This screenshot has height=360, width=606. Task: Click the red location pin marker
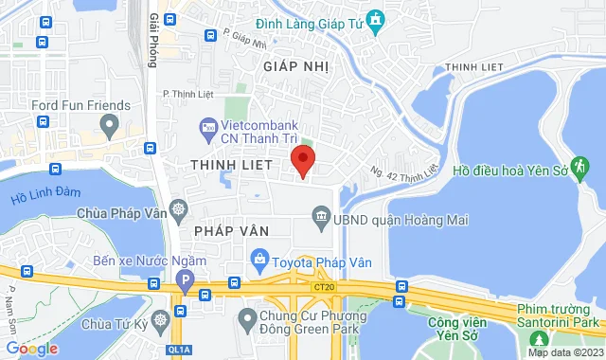pos(302,160)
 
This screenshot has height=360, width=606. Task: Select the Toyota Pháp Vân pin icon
pos(258,257)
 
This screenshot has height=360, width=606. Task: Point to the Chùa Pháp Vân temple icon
pos(177,208)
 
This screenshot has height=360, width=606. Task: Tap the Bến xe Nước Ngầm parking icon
pos(184,279)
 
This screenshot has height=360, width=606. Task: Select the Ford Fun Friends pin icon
pos(111,124)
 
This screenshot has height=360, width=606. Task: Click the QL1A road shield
pos(180,350)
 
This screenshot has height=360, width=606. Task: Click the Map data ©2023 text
pos(564,352)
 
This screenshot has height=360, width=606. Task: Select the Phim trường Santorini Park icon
pos(542,337)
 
